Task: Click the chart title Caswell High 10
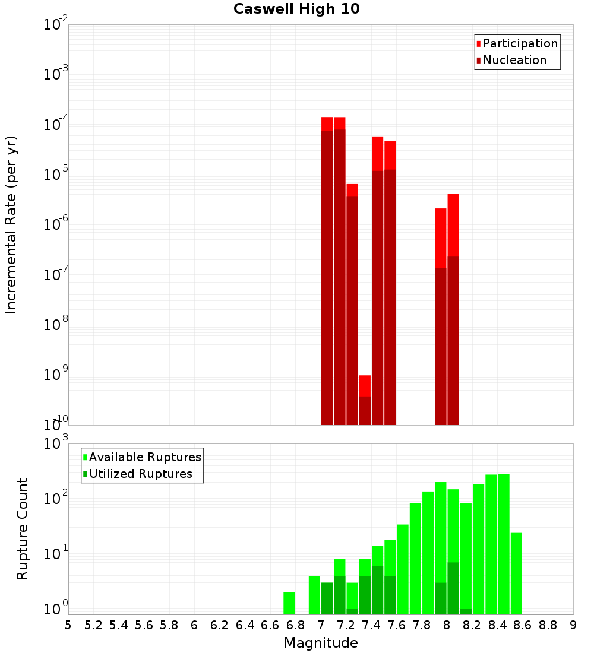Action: point(296,9)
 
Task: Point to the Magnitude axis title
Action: point(321,643)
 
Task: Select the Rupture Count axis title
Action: point(23,528)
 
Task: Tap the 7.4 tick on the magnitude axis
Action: point(371,625)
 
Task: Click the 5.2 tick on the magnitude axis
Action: point(93,625)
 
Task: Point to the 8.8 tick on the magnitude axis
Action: point(548,625)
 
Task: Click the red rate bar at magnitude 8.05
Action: point(453,309)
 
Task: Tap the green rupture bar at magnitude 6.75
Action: point(289,603)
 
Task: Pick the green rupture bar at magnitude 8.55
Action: point(516,573)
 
